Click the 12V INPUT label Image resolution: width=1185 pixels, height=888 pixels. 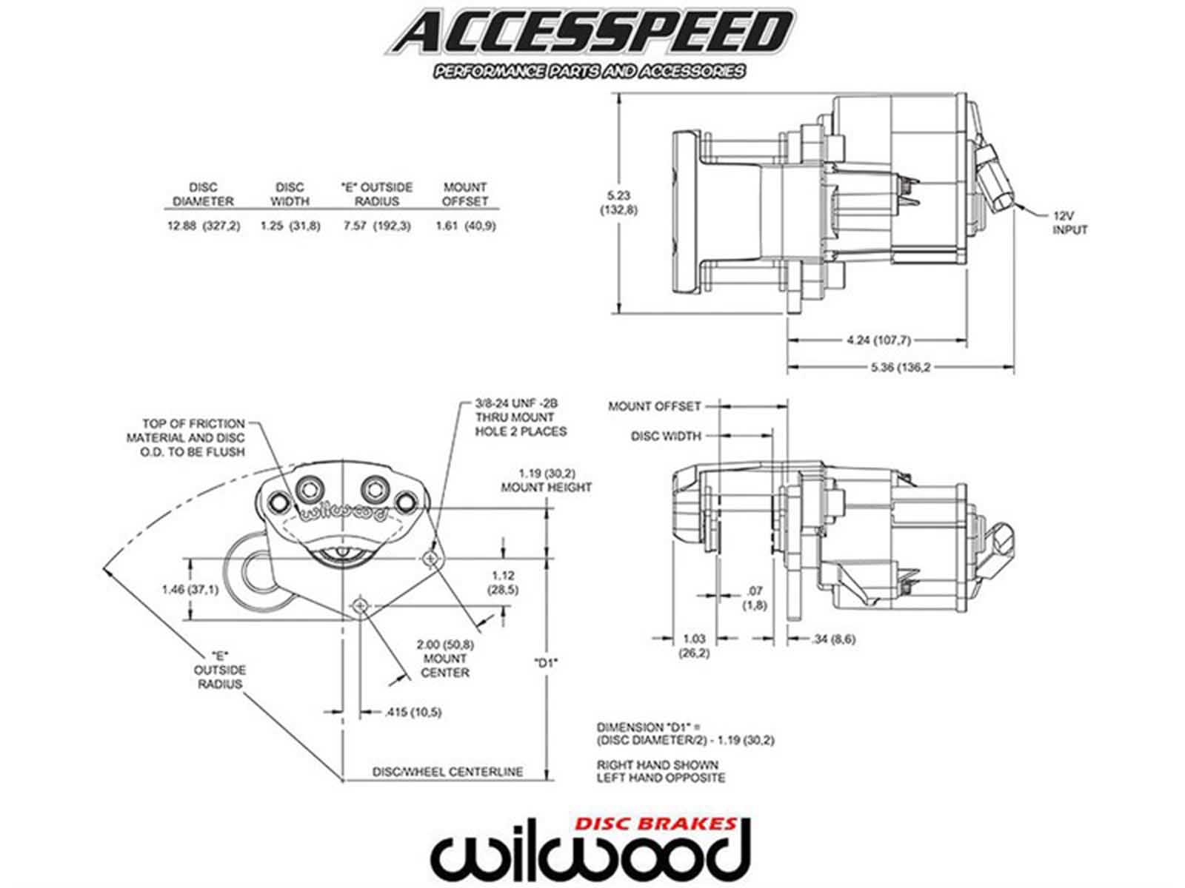[x=1070, y=223]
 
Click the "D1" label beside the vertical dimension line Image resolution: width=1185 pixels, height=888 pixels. [x=545, y=663]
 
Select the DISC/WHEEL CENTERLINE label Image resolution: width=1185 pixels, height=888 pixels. [x=447, y=772]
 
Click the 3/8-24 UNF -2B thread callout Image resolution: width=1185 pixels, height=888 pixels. [x=516, y=404]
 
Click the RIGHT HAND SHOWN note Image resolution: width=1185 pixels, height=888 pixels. [x=657, y=764]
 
